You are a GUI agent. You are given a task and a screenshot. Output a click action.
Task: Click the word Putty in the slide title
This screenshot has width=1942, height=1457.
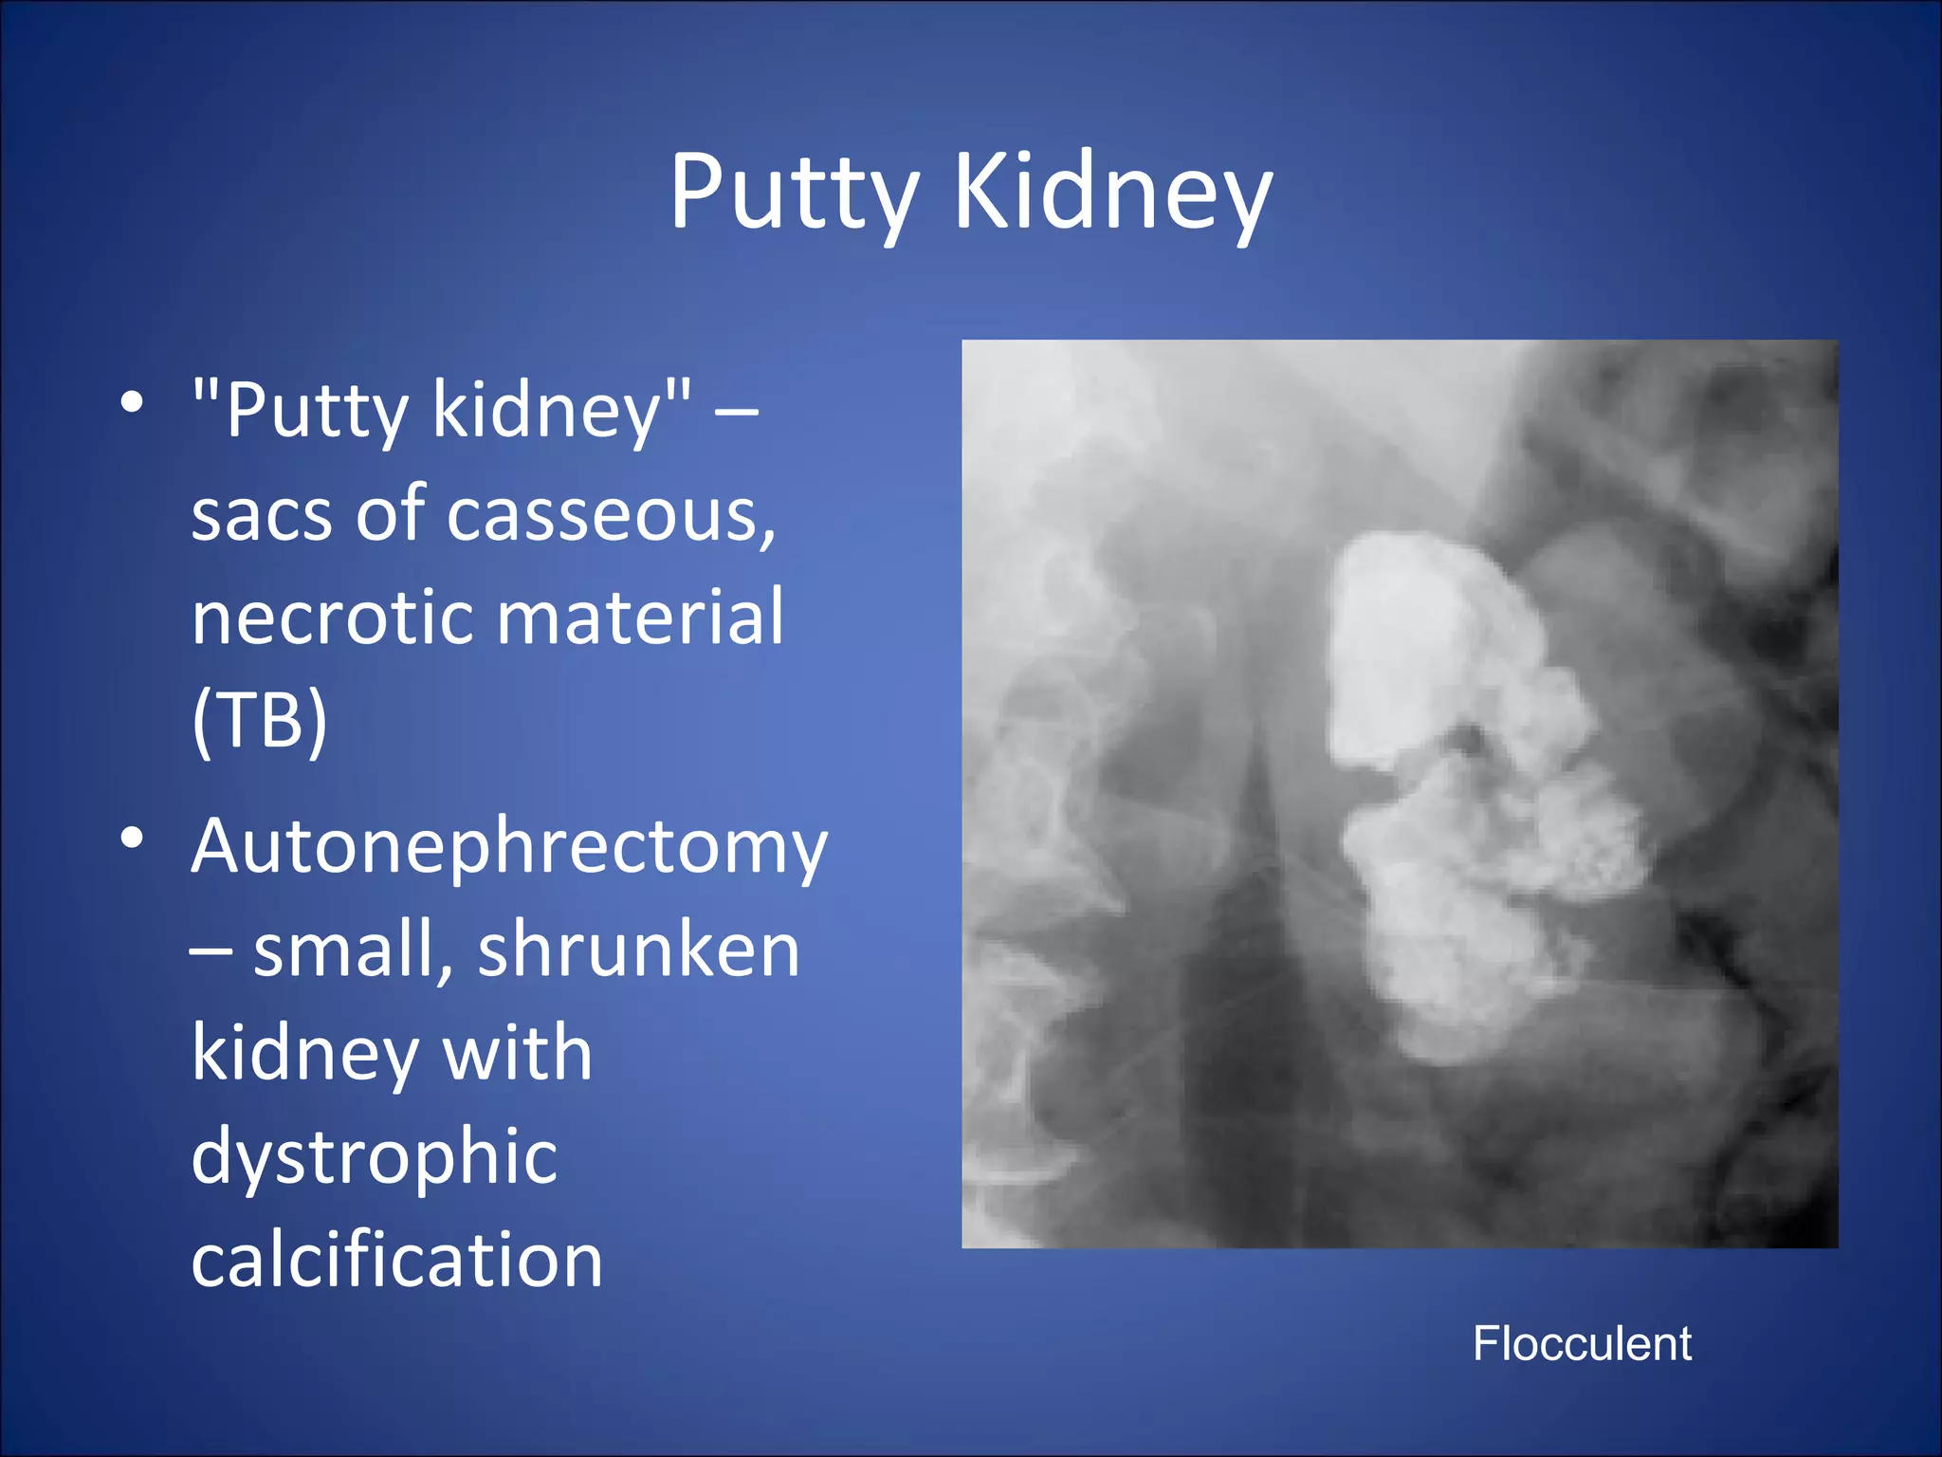(x=795, y=194)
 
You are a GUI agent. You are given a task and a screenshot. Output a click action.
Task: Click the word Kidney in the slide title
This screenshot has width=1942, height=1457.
(x=1113, y=194)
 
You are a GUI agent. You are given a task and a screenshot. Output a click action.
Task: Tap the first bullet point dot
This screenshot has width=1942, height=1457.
(x=133, y=402)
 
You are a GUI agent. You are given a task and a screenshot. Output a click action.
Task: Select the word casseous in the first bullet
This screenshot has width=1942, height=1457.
(x=611, y=515)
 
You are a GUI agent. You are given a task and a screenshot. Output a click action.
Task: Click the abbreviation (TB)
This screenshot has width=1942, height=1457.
(x=259, y=721)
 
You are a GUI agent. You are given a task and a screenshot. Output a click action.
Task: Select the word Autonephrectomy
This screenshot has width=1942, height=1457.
(x=509, y=846)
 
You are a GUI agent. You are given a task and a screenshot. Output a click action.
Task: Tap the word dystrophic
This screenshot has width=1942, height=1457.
(x=375, y=1157)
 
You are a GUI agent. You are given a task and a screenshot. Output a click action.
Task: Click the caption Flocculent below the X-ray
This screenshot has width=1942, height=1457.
(x=1582, y=1344)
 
